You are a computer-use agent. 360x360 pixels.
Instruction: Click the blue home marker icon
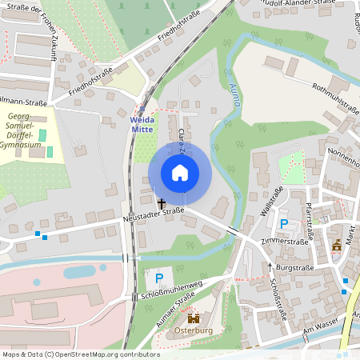[180, 173]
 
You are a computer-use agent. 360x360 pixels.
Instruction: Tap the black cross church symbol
[162, 203]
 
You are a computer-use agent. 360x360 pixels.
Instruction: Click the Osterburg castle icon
[192, 318]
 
